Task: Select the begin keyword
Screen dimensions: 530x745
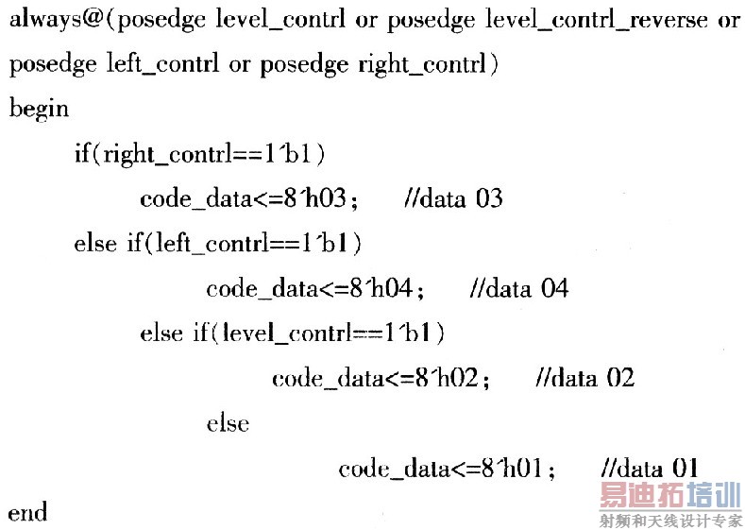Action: click(x=39, y=109)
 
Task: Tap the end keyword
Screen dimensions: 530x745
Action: click(x=27, y=513)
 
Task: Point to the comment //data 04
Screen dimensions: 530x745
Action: click(x=518, y=288)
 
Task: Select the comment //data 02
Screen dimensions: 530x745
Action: click(x=584, y=378)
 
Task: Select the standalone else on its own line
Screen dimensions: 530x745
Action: click(x=228, y=423)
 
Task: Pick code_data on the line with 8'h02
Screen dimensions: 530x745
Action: click(x=327, y=378)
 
